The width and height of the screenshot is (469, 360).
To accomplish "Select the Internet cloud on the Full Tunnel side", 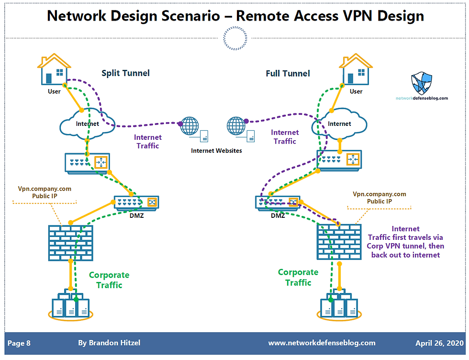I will point(339,123).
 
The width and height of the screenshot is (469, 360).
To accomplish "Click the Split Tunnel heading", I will point(125,73).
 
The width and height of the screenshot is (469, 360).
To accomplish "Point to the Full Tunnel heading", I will point(288,73).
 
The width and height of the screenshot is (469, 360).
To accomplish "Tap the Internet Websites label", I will point(216,150).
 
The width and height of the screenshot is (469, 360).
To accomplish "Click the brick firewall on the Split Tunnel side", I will point(70,242).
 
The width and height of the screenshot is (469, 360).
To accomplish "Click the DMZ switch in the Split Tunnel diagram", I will point(136,203).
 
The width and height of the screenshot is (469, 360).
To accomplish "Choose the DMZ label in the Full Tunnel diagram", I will point(278,215).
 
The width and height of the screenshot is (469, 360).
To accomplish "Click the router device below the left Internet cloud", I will point(88,163).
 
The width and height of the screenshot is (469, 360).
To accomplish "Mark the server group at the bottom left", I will point(70,306).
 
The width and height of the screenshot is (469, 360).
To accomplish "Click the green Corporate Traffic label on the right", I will point(298,277).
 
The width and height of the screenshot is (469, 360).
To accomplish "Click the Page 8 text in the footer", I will point(19,343).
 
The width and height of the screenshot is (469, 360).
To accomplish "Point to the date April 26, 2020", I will point(439,343).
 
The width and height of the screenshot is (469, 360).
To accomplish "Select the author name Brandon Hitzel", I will point(109,343).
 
